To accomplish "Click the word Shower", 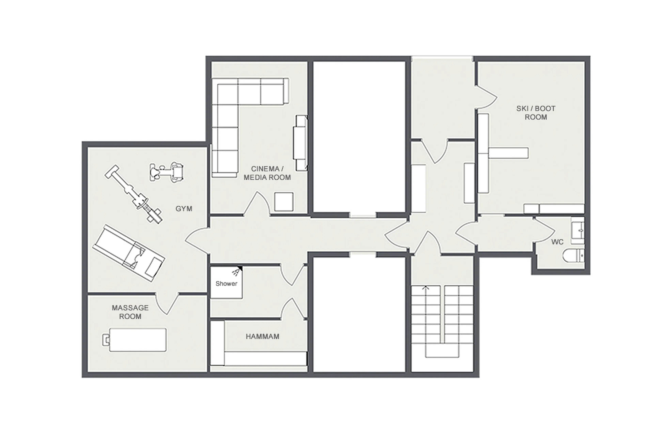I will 226,284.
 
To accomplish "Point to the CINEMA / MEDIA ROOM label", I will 267,173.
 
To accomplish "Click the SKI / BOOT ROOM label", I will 536,113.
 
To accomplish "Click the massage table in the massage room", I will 138,340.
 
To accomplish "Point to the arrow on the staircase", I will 426,288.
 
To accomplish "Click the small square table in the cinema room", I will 284,202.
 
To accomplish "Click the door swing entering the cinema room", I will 257,203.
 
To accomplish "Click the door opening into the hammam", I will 293,309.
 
